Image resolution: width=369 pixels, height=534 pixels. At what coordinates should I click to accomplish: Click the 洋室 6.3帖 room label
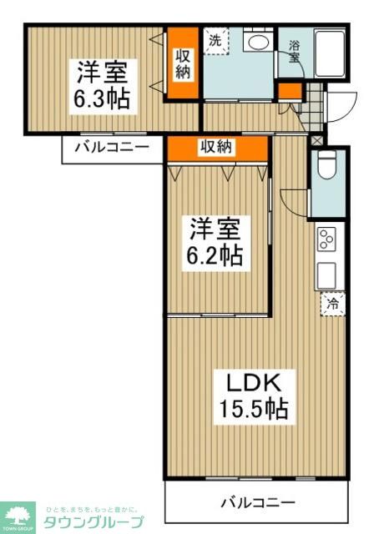tap(104, 83)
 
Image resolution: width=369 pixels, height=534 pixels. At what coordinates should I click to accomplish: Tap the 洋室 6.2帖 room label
tap(215, 242)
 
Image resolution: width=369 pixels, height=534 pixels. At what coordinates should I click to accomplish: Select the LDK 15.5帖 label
tap(255, 396)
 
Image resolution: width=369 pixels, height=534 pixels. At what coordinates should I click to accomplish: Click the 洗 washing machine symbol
tap(216, 41)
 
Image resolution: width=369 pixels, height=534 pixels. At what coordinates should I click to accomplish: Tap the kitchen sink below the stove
tap(326, 275)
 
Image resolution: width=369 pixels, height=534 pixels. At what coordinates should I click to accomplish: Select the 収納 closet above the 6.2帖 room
tap(217, 147)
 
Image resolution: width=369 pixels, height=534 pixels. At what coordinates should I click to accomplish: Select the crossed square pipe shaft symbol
tap(316, 141)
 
